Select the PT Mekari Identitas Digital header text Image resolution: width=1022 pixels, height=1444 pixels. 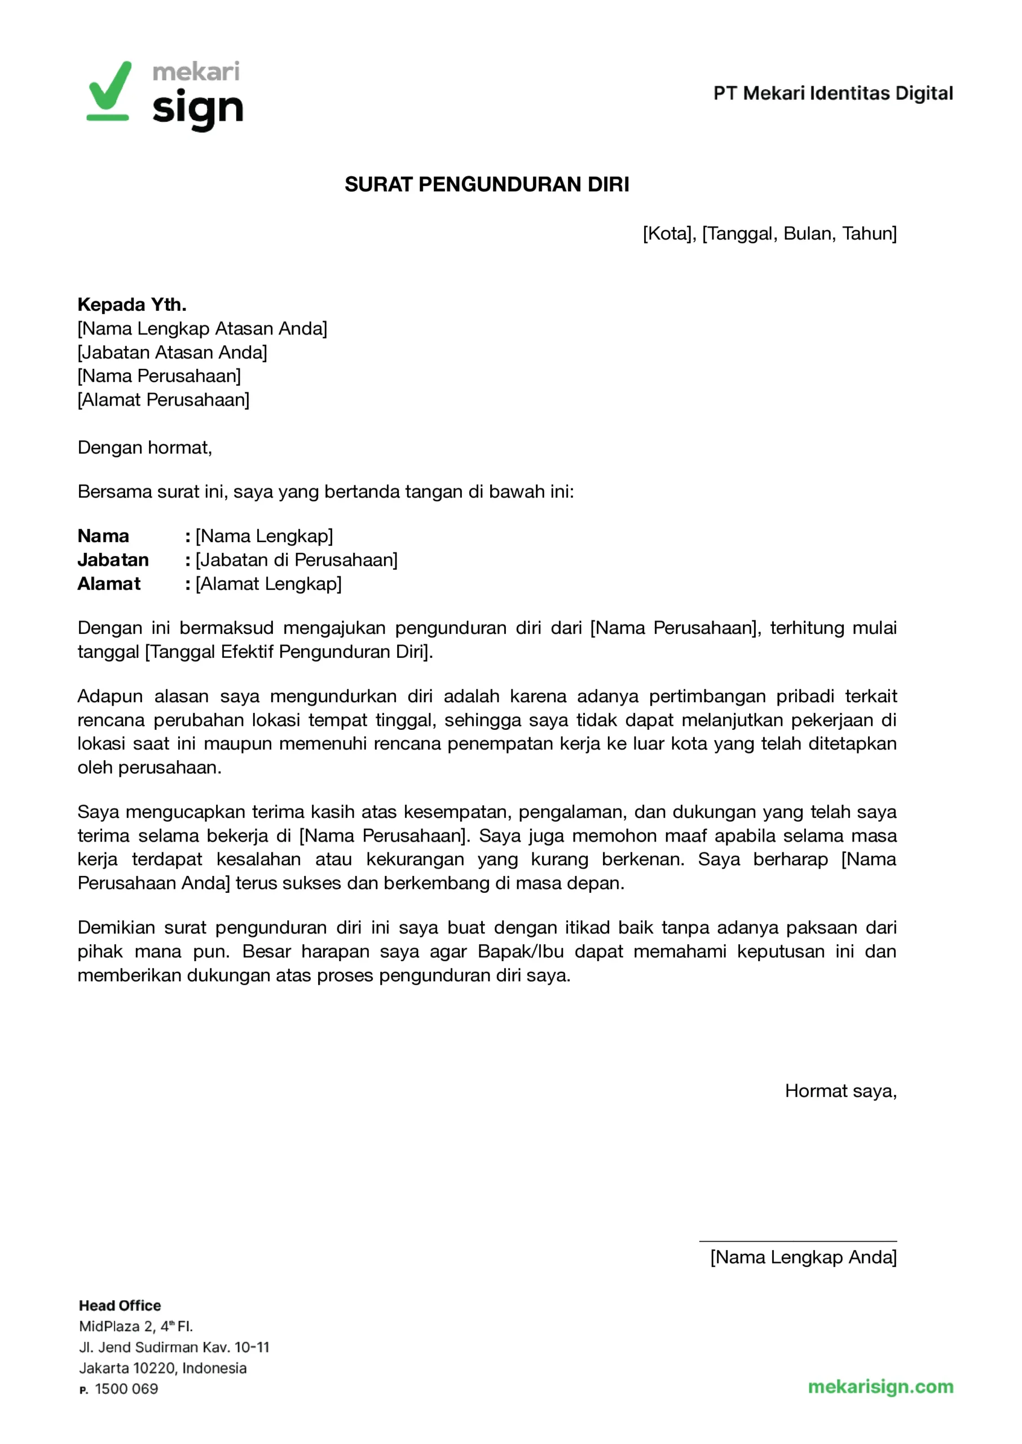(832, 94)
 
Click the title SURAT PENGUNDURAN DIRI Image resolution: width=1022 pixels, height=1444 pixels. (486, 184)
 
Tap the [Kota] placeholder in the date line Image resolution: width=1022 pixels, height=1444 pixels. (668, 234)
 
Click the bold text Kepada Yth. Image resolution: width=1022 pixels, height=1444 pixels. (132, 305)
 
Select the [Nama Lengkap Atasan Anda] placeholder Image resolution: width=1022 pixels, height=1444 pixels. (202, 328)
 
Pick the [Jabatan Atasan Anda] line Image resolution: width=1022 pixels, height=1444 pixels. (173, 353)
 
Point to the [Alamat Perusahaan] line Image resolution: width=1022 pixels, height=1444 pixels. (164, 399)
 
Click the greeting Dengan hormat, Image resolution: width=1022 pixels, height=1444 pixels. (145, 447)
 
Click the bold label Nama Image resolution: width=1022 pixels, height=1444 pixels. (103, 536)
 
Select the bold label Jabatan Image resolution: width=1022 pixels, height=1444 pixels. (113, 560)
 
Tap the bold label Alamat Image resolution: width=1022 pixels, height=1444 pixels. (109, 584)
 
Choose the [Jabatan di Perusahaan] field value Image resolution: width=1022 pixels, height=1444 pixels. (297, 560)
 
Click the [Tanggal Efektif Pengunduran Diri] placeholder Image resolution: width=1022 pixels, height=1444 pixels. (289, 651)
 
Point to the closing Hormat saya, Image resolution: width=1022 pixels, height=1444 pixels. (840, 1090)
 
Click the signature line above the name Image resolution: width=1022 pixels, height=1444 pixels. (798, 1242)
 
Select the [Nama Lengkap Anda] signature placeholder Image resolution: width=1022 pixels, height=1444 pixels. (803, 1257)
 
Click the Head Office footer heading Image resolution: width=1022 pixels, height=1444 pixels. (120, 1306)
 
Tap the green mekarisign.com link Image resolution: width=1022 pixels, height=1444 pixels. (880, 1386)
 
